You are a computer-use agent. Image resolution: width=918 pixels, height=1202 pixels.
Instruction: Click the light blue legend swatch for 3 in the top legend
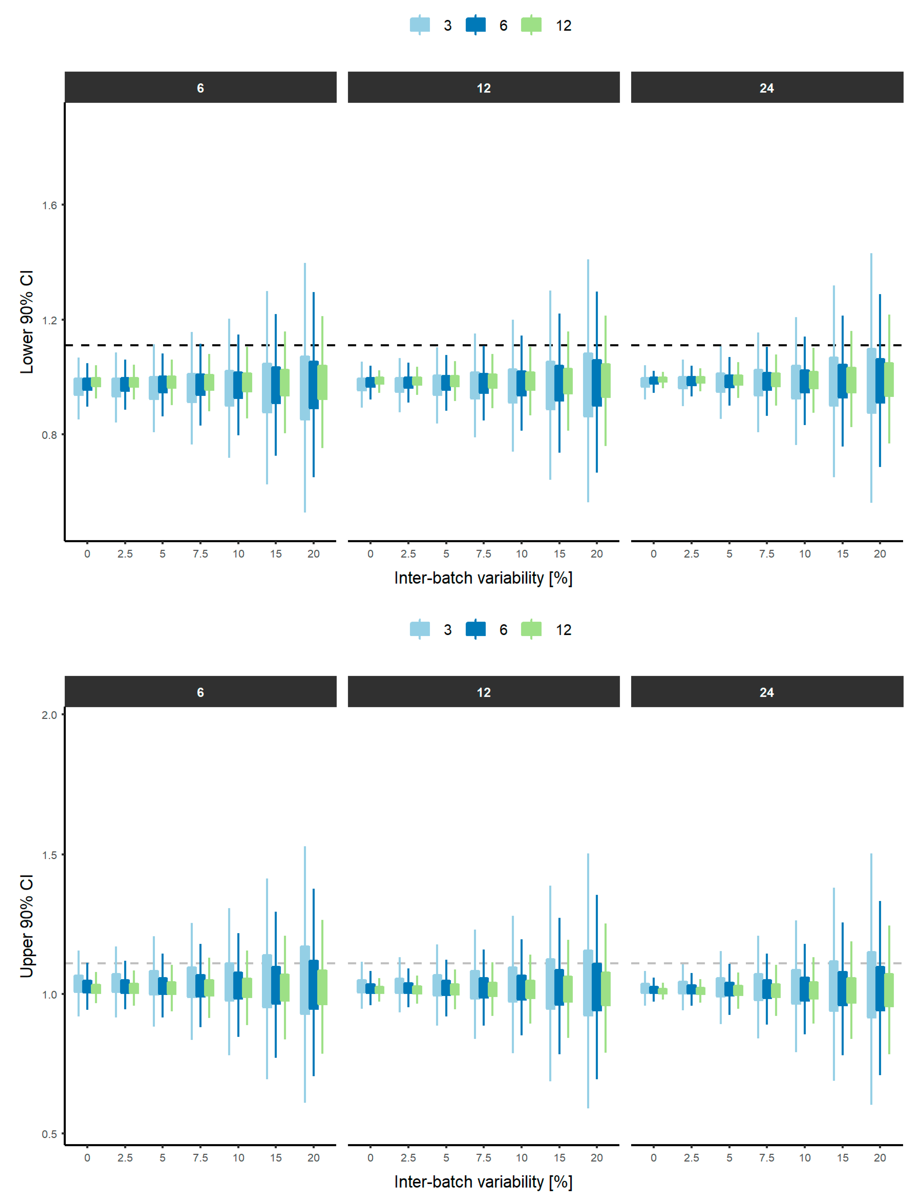[420, 25]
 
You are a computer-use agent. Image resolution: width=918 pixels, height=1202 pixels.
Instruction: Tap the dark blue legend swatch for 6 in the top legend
[475, 25]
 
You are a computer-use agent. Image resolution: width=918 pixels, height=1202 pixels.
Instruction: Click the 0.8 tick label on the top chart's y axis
[49, 435]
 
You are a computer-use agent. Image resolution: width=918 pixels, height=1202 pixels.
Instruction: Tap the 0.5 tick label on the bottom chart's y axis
[49, 1134]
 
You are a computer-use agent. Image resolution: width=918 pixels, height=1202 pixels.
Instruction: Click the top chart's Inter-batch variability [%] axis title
[483, 578]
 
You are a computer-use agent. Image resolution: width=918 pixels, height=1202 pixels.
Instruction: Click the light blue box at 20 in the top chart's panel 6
[304, 388]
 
